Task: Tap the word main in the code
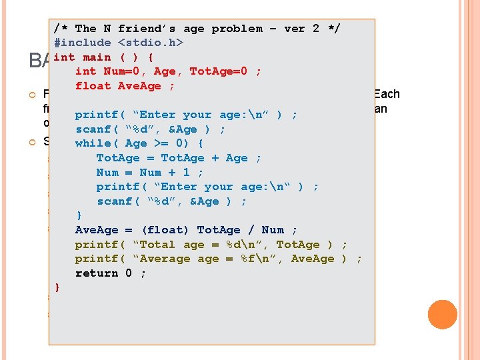[x=97, y=57]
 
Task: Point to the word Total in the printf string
[x=157, y=245]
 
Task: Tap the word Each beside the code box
[x=387, y=94]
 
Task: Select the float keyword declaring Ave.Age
[x=93, y=86]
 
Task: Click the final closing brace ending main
[x=57, y=287]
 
